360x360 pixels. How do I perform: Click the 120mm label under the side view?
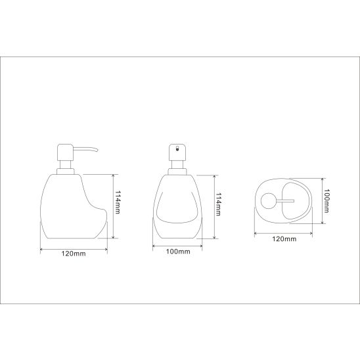click(x=74, y=254)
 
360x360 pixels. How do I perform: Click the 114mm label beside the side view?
click(x=118, y=202)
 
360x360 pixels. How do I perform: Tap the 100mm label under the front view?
click(x=178, y=252)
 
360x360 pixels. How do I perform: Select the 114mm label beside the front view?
click(x=218, y=204)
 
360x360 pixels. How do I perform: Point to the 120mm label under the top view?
click(x=284, y=239)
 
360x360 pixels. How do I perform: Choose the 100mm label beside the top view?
click(x=326, y=201)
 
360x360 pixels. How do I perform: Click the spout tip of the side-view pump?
click(x=97, y=150)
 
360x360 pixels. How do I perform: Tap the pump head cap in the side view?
click(x=65, y=152)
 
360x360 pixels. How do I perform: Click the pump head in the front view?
click(x=177, y=152)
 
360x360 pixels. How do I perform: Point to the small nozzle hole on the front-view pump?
click(x=177, y=149)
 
